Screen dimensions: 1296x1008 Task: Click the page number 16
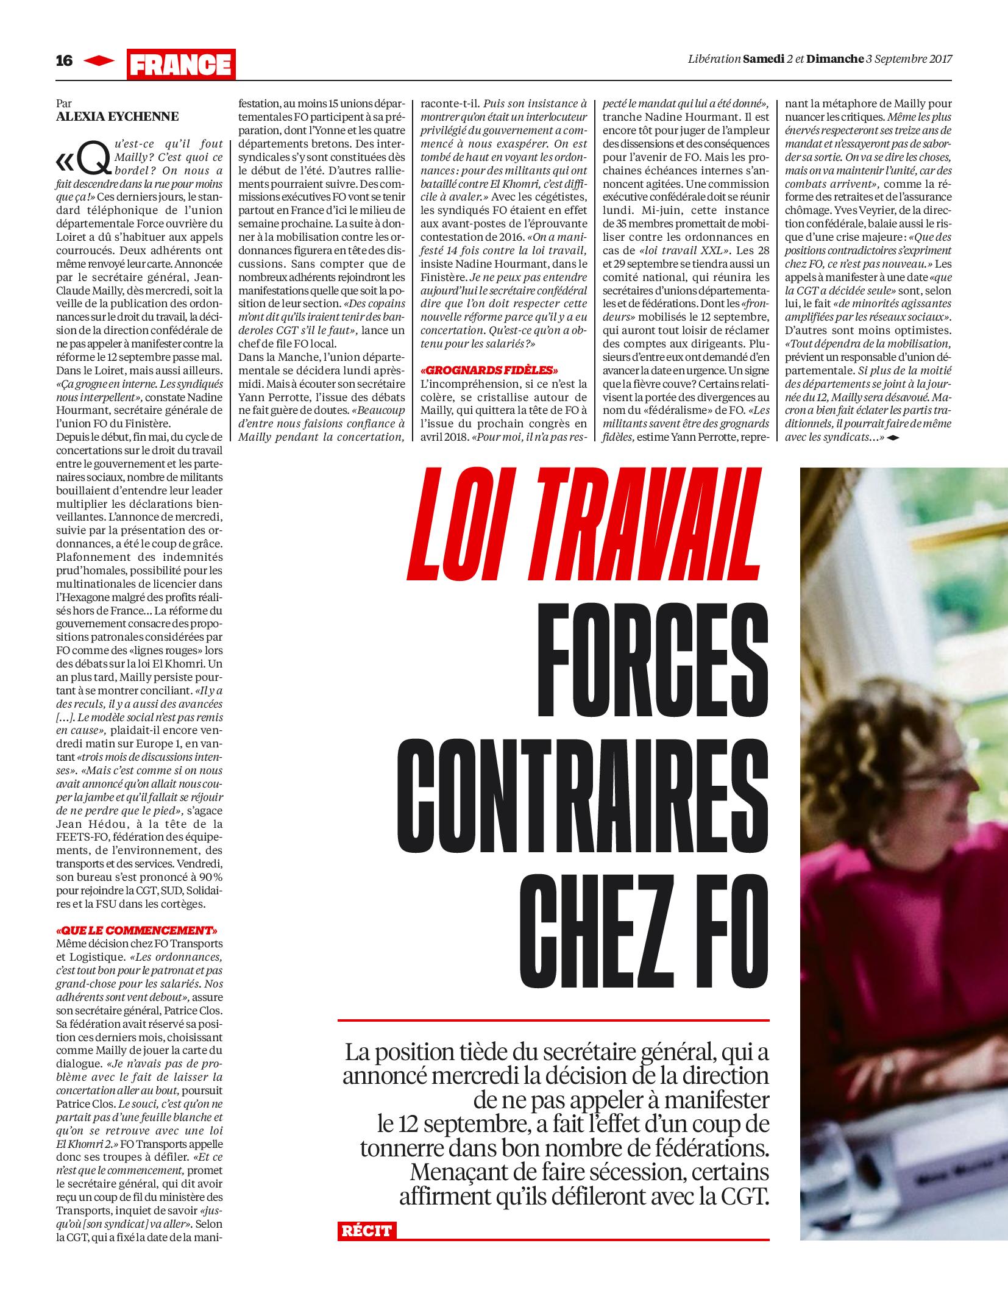pyautogui.click(x=64, y=60)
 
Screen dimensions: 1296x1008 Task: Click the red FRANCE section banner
pyautogui.click(x=181, y=64)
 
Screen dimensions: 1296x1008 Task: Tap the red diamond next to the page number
pyautogui.click(x=99, y=60)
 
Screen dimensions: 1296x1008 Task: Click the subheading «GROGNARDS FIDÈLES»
pyautogui.click(x=490, y=370)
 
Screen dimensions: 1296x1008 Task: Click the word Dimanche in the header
pyautogui.click(x=834, y=59)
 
